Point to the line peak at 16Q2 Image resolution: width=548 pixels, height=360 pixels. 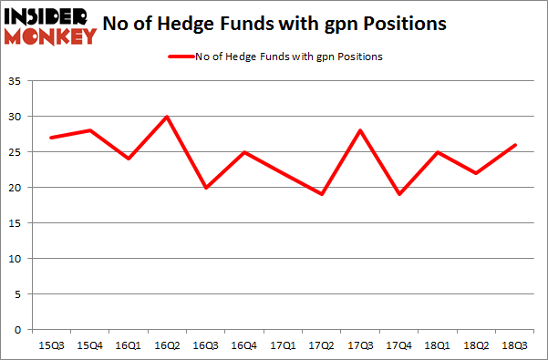coord(168,117)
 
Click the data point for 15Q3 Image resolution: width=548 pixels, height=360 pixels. coord(52,138)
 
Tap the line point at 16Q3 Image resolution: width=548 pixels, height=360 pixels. coord(206,188)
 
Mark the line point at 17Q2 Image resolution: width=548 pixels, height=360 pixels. coord(323,194)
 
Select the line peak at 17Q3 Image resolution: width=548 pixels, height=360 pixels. coord(361,130)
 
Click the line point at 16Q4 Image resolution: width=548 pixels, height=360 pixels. coord(245,152)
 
